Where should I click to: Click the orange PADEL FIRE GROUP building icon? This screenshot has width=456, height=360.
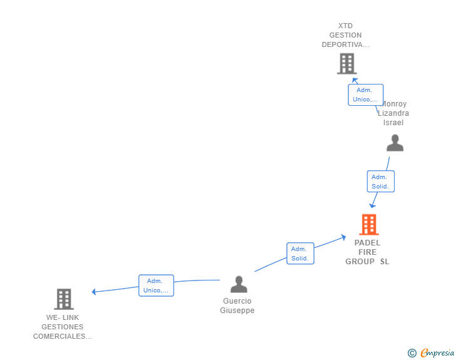(x=369, y=224)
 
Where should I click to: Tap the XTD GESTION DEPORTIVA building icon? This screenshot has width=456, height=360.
(x=346, y=63)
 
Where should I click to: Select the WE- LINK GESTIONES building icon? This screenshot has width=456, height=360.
(x=63, y=299)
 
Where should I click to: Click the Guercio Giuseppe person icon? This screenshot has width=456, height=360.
(x=239, y=284)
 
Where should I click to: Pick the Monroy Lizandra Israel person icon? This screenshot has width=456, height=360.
(x=395, y=143)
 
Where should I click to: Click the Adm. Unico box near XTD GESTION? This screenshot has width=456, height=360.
(x=366, y=95)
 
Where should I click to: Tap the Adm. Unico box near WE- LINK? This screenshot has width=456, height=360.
(x=156, y=285)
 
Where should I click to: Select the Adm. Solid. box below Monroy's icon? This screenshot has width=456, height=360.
(x=380, y=182)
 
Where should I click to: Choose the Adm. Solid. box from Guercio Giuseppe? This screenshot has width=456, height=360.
(x=300, y=254)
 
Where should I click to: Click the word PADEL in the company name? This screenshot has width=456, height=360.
(x=367, y=243)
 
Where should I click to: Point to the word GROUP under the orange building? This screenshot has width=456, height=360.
(x=360, y=262)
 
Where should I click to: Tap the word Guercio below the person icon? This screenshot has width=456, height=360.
(x=237, y=301)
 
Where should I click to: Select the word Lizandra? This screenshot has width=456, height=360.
(x=393, y=113)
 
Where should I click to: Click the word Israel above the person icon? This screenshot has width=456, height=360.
(x=393, y=123)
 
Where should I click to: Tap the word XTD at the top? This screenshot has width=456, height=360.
(x=345, y=26)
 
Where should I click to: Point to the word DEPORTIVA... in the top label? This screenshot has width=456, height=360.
(x=345, y=44)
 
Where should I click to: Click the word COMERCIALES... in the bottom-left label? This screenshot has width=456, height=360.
(x=63, y=336)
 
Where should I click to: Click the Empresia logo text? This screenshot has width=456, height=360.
(x=437, y=353)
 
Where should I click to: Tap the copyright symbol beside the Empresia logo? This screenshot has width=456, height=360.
(x=412, y=354)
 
